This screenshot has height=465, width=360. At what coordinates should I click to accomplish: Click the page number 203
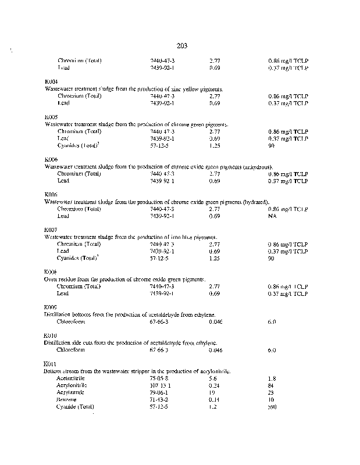coord(180,45)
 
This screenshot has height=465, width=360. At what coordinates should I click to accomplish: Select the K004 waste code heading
coord(51,81)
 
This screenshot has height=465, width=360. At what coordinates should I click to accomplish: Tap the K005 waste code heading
coord(51,117)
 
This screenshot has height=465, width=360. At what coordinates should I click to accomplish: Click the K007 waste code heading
coord(51,230)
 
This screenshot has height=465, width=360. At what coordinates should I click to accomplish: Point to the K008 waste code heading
coord(51,272)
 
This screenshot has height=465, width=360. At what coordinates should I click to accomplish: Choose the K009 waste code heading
coord(51,307)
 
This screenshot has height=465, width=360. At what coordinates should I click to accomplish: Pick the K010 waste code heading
coord(51,336)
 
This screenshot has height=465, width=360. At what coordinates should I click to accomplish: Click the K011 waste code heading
coord(51,364)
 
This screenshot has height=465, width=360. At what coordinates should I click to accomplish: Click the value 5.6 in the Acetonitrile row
coord(213,378)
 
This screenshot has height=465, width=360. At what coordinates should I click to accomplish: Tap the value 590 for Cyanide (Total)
coord(272,407)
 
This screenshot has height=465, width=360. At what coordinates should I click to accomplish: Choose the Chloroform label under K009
coord(71,321)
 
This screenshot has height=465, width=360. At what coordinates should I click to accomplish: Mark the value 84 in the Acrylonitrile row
coord(271,385)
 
